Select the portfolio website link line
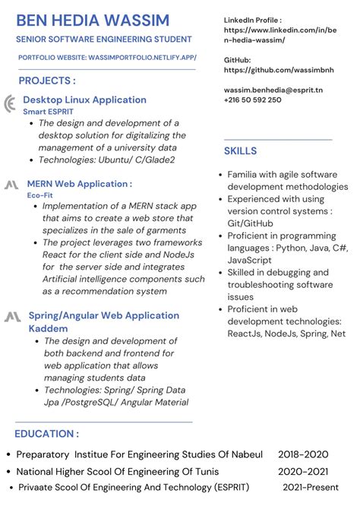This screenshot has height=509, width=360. [107, 57]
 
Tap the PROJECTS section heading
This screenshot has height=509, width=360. [47, 81]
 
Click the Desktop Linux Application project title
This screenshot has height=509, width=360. [84, 100]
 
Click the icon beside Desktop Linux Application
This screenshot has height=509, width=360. [10, 104]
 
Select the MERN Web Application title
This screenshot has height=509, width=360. [80, 184]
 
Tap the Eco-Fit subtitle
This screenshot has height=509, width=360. [39, 195]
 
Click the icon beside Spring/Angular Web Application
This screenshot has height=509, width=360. [12, 317]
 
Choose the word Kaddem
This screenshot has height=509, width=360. [48, 329]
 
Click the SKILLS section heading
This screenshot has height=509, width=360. [240, 151]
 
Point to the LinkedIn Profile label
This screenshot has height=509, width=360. [253, 20]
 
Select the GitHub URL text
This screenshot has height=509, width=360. [279, 70]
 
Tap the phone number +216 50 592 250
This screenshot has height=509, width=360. [252, 100]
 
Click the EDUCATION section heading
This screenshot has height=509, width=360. [47, 434]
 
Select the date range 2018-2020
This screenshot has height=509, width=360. [303, 454]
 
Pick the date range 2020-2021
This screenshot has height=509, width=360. [303, 471]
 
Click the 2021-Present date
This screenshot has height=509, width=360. [311, 487]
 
